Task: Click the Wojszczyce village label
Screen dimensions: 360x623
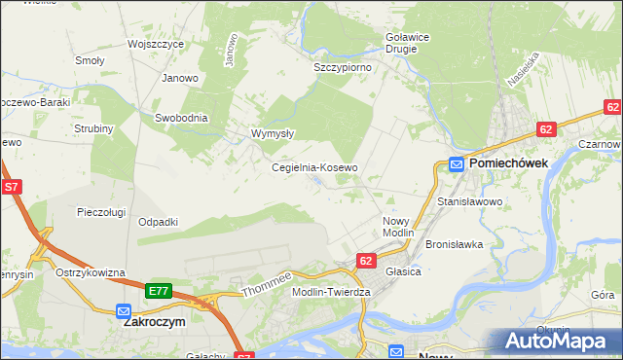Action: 156,44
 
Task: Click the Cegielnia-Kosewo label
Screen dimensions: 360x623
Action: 314,167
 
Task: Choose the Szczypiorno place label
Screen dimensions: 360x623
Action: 342,68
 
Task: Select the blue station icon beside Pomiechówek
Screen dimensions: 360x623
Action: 456,164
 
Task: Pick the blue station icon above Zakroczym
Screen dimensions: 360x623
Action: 123,311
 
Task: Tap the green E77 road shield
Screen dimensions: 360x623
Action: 160,291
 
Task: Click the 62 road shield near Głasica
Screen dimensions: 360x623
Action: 366,261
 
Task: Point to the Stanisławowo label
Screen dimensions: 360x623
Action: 468,201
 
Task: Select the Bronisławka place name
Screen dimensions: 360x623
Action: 455,244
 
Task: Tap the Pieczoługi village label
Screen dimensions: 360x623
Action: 102,211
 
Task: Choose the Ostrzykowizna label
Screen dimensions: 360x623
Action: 91,272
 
